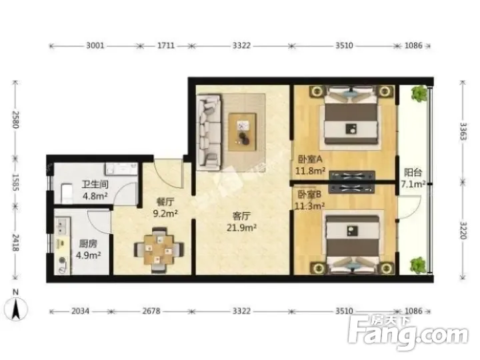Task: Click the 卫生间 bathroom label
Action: pos(95,184)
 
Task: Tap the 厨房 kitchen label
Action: pos(88,244)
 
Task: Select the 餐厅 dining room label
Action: pos(165,202)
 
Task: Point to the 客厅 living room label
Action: pos(241,216)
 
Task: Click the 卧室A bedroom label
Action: pos(310,159)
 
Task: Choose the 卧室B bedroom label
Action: pos(309,195)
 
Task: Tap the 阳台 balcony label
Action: pos(413,173)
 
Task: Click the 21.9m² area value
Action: pos(241,228)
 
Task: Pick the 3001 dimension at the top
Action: pos(95,46)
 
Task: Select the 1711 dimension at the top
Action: pos(166,46)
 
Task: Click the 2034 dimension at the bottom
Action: pos(80,311)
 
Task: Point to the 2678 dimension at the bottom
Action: pos(151,311)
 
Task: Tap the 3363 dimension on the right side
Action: pos(463,131)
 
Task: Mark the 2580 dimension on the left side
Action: pos(16,119)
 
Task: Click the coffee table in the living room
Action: pos(243,132)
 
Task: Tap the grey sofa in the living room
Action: pos(209,132)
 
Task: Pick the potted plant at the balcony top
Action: pos(419,93)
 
